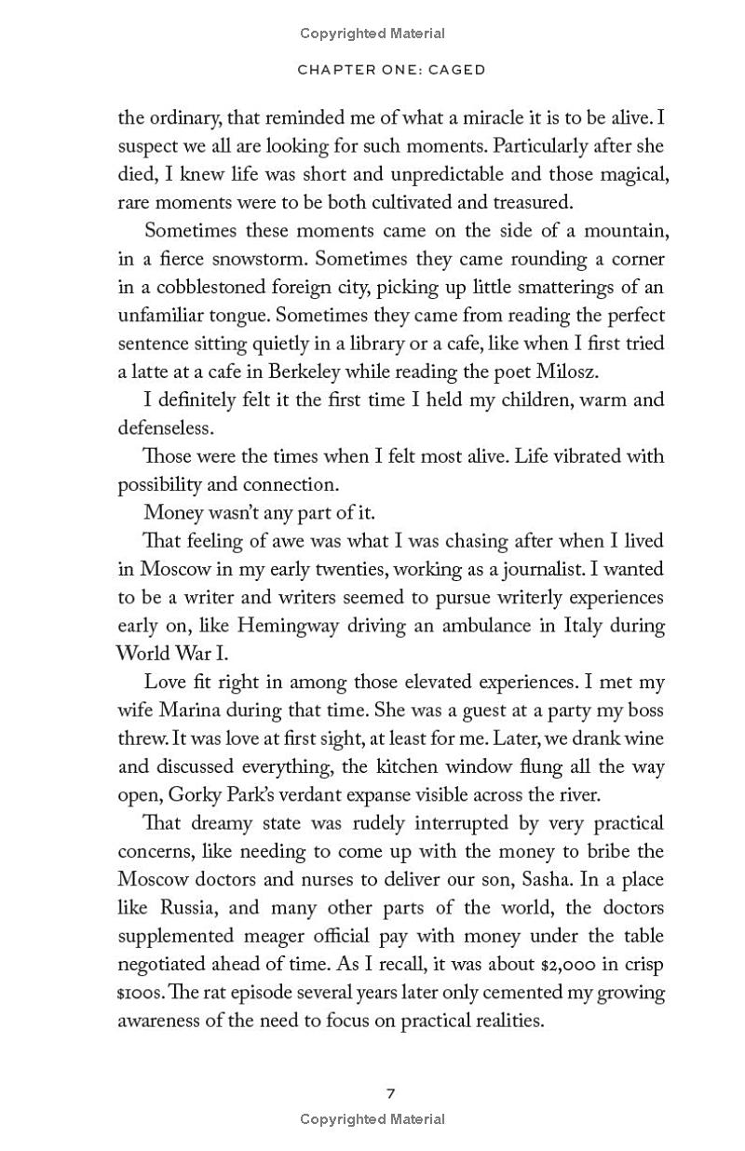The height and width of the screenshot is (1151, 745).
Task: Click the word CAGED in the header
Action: (455, 70)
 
